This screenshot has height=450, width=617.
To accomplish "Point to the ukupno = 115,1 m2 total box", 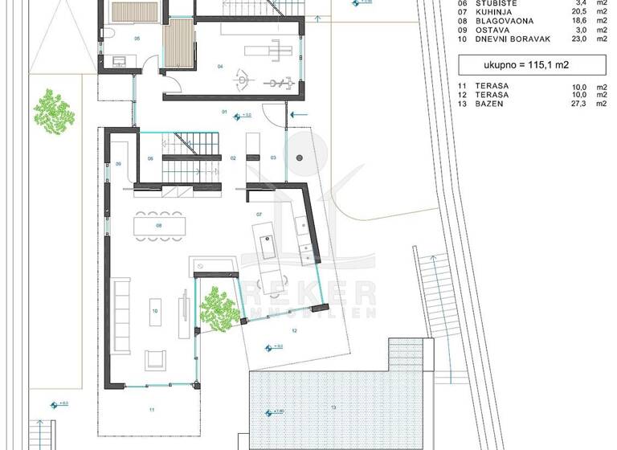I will (x=520, y=65).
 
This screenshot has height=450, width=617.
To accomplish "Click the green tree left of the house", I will (x=54, y=112).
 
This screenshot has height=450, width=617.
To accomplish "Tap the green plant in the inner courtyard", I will (x=218, y=308).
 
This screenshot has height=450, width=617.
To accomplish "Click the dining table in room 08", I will (x=161, y=226).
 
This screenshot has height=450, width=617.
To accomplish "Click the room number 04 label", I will (x=220, y=67).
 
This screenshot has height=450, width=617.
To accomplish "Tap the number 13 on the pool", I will (x=333, y=407).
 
